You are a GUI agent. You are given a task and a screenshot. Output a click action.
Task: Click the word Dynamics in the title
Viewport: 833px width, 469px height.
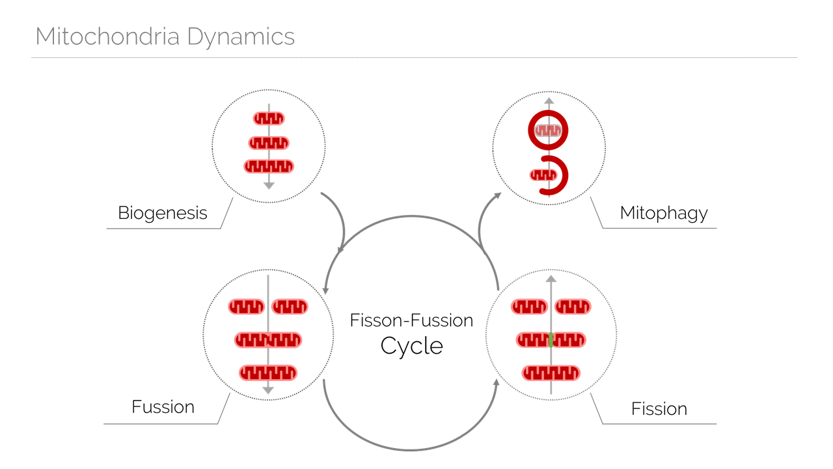point(241,38)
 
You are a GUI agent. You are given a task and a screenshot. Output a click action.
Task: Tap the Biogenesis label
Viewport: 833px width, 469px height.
point(163,214)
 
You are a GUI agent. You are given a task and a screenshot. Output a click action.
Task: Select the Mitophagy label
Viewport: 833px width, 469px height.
point(664,214)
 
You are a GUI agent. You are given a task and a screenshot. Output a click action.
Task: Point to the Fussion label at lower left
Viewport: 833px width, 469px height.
point(163,406)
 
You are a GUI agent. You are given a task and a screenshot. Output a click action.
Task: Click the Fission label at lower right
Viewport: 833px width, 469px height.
point(659,408)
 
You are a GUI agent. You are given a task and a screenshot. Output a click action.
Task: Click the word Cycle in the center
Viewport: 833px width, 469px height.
point(412,346)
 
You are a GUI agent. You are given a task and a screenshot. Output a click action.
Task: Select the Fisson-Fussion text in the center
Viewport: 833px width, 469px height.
point(411,320)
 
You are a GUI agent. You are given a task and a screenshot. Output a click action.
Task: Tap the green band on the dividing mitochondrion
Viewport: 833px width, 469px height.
point(551,340)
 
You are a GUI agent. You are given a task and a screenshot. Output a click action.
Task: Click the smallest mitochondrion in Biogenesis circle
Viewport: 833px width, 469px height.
point(269,119)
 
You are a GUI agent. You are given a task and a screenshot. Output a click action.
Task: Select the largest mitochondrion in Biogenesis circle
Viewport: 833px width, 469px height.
point(269,166)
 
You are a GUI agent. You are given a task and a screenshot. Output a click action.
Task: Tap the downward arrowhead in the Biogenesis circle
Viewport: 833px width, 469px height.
point(269,186)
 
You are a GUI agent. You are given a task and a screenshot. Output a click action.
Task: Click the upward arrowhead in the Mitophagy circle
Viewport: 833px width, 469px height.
point(549,101)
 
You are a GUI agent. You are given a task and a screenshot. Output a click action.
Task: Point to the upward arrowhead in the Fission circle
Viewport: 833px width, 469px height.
point(551,279)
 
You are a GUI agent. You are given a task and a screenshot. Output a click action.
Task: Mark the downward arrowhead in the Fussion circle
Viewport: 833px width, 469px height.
point(268,390)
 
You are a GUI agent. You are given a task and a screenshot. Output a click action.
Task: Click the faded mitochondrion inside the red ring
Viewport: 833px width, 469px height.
point(548,130)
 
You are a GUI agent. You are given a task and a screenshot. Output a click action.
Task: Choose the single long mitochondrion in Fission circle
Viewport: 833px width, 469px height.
point(551,373)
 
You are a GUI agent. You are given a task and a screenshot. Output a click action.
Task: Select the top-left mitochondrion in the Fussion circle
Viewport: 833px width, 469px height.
point(246,307)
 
